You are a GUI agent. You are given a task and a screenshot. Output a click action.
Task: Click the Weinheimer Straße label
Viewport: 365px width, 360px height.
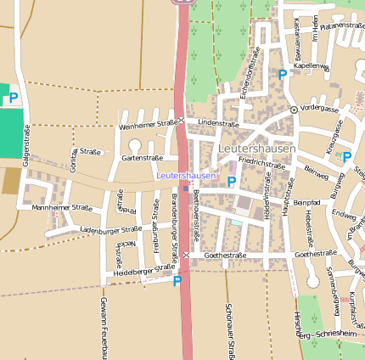pos(149,124)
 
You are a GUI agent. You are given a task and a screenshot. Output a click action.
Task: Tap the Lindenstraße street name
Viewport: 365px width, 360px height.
pos(218,123)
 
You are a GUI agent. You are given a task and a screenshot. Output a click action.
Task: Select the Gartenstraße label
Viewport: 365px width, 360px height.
pos(142,158)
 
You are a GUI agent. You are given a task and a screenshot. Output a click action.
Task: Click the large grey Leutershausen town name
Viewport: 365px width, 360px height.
pos(257,149)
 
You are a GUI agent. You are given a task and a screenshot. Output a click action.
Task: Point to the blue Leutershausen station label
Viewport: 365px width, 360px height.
pos(187,175)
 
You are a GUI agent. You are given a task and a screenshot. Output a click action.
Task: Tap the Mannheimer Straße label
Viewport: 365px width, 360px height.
pos(62,207)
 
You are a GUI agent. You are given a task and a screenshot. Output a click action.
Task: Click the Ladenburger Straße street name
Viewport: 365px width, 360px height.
pos(110,229)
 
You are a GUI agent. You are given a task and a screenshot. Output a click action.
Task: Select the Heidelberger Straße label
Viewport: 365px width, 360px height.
pos(138,270)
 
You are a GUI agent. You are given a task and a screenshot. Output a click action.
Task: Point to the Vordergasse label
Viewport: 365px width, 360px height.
pos(319,110)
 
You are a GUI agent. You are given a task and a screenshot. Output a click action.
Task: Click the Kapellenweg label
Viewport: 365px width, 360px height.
pos(311,65)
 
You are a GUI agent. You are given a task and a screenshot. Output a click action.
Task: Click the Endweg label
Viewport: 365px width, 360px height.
pos(344,215)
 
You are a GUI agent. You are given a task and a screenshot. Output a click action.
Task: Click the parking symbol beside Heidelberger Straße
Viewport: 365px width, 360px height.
pos(177,281)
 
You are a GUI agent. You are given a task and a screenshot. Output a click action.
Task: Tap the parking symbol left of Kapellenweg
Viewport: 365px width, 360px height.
pos(283,75)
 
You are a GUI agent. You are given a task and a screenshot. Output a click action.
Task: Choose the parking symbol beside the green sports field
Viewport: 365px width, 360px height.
pos(14,98)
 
